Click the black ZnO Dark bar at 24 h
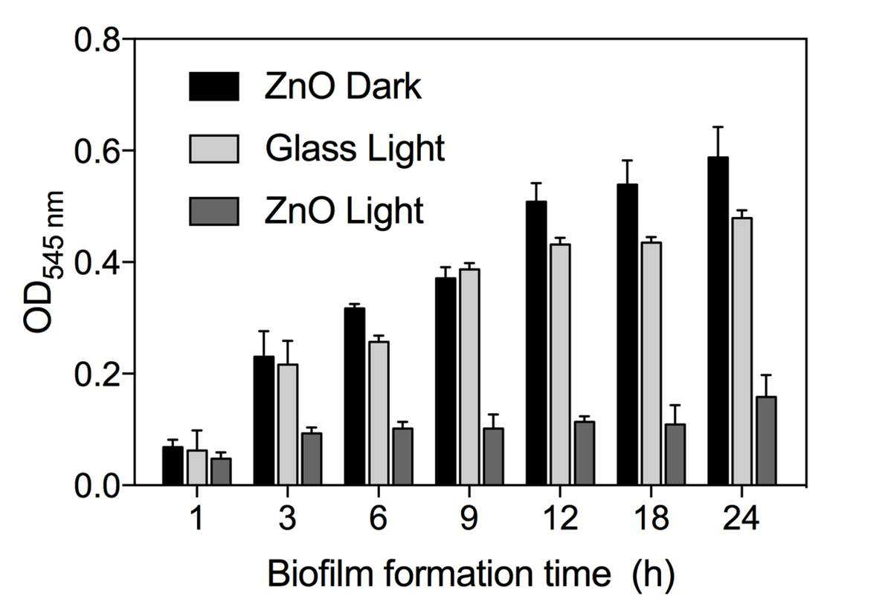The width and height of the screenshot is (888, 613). (x=718, y=321)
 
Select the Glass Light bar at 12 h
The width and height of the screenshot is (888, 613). (x=559, y=365)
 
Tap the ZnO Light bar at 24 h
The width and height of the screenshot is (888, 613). (x=766, y=441)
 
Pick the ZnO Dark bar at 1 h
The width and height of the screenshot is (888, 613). (x=173, y=466)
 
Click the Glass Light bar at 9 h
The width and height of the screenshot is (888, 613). (x=469, y=377)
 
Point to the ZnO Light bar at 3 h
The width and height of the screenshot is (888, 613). (x=312, y=459)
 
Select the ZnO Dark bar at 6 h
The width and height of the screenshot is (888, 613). (x=355, y=396)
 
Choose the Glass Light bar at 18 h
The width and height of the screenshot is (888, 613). (x=651, y=363)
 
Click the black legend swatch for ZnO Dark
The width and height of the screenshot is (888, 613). (x=213, y=87)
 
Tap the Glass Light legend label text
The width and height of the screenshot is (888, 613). (x=355, y=149)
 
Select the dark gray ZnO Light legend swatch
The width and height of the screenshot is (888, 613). (x=213, y=211)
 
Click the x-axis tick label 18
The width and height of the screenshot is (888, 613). (x=651, y=517)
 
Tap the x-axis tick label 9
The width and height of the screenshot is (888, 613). (x=469, y=517)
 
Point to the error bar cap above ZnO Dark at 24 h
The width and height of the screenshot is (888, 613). (x=718, y=127)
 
